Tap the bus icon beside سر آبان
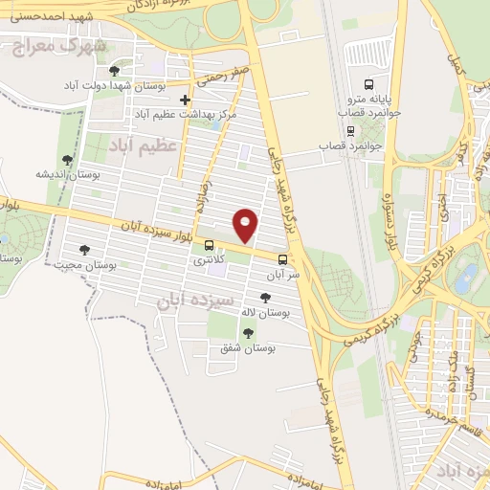click(x=282, y=258)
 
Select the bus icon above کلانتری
click(x=210, y=245)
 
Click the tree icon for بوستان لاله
click(x=265, y=299)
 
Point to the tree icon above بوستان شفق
click(x=249, y=333)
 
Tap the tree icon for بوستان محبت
click(x=84, y=250)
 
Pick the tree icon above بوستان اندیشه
click(x=66, y=160)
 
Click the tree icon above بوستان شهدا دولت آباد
click(x=114, y=71)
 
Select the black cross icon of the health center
click(x=186, y=99)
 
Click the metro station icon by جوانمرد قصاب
click(x=350, y=131)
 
